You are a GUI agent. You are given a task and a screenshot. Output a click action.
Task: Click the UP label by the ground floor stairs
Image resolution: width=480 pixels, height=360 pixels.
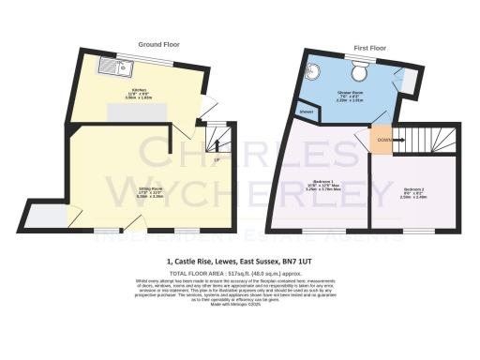point(217,159)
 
